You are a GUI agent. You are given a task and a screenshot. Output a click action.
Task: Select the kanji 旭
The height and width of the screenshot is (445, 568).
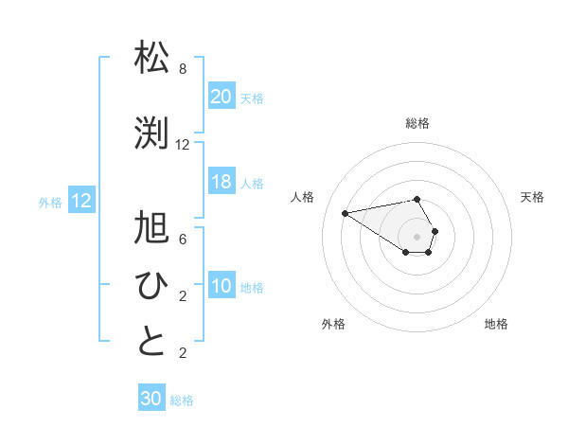152,229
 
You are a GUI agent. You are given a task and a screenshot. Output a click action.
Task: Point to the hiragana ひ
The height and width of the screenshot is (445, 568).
152,285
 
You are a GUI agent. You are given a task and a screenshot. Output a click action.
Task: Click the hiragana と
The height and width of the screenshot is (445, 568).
152,342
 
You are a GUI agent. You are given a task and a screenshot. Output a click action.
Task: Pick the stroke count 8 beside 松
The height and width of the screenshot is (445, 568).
183,70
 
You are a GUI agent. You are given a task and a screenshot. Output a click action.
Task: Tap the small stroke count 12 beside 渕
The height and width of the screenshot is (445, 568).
183,145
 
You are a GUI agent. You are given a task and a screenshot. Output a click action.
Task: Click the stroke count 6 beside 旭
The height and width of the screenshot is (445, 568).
183,240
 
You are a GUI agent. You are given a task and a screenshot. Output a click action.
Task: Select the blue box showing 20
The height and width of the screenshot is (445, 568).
221,96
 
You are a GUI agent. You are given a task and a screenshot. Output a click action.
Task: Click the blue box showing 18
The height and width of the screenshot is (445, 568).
221,182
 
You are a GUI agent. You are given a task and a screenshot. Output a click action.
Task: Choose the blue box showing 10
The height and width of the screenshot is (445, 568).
221,286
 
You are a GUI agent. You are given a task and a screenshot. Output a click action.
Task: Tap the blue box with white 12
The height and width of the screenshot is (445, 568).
81,201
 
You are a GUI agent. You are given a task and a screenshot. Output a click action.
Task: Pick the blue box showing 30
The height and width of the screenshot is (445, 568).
151,399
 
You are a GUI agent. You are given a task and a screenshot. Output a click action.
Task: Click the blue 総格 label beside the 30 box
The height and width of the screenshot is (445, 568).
182,400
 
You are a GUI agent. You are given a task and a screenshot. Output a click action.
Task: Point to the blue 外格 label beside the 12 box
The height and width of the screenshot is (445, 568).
50,202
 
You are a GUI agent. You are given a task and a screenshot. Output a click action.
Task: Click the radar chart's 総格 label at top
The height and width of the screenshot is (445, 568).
417,123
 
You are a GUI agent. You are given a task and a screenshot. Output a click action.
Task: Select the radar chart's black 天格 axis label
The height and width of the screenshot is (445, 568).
533,197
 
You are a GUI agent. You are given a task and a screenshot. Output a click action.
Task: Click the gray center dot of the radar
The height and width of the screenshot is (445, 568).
417,236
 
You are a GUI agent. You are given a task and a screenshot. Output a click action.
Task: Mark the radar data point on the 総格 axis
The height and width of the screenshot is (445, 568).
417,199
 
